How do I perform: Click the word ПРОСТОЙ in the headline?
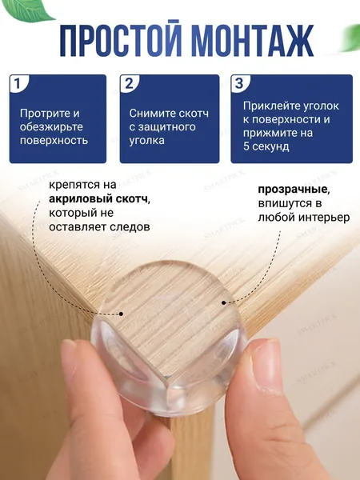(121, 39)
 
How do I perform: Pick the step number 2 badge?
(129, 83)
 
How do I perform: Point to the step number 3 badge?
(239, 83)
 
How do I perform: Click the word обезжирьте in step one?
(51, 127)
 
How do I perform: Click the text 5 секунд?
(266, 146)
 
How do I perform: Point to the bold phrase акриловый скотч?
(98, 199)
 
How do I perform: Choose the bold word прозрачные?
(294, 190)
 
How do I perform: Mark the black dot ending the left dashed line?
(122, 314)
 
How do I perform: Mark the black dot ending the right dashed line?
(224, 302)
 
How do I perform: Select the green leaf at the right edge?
(352, 38)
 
